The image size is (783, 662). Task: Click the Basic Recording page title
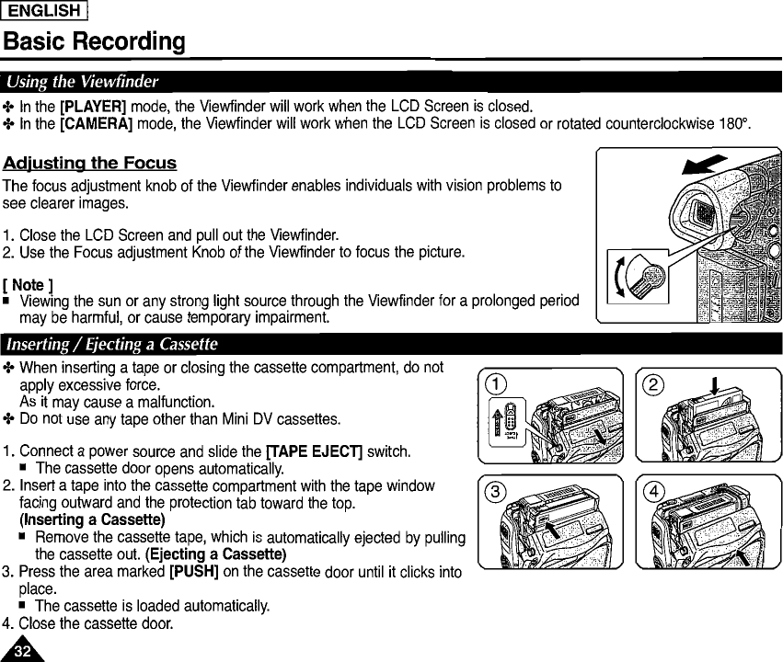(x=94, y=42)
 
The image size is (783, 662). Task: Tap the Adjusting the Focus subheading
(x=89, y=164)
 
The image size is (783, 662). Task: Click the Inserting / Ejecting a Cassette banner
(x=111, y=346)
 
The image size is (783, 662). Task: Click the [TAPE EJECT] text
(x=314, y=451)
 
